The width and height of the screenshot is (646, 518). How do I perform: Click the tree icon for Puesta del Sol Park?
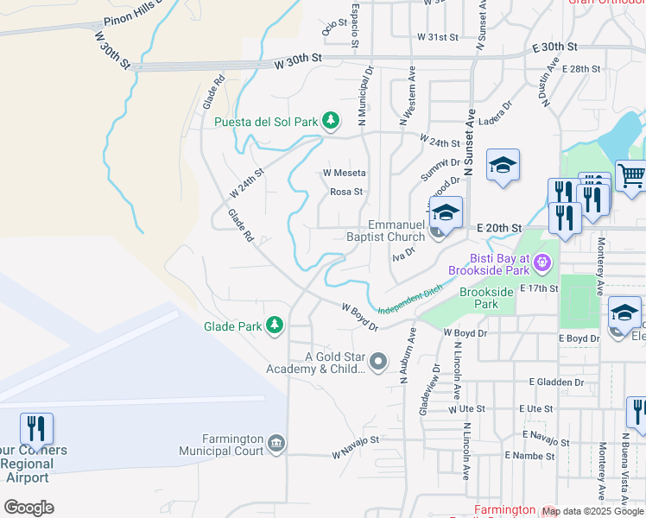330,121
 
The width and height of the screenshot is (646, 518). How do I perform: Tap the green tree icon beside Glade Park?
275,325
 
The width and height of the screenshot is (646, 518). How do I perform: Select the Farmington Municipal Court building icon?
275,443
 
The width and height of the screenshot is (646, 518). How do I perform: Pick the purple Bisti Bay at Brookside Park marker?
541,260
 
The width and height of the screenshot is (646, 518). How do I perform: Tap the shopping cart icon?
631,176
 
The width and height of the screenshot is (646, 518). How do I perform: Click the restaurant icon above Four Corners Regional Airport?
36,427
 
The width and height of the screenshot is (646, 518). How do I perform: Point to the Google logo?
28,508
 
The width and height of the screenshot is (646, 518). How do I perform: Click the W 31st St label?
436,37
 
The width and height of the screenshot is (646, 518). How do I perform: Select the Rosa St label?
346,192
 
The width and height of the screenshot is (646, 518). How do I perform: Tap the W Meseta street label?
345,173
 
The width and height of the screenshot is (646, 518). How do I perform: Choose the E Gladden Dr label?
557,382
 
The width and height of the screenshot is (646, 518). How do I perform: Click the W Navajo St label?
356,447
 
